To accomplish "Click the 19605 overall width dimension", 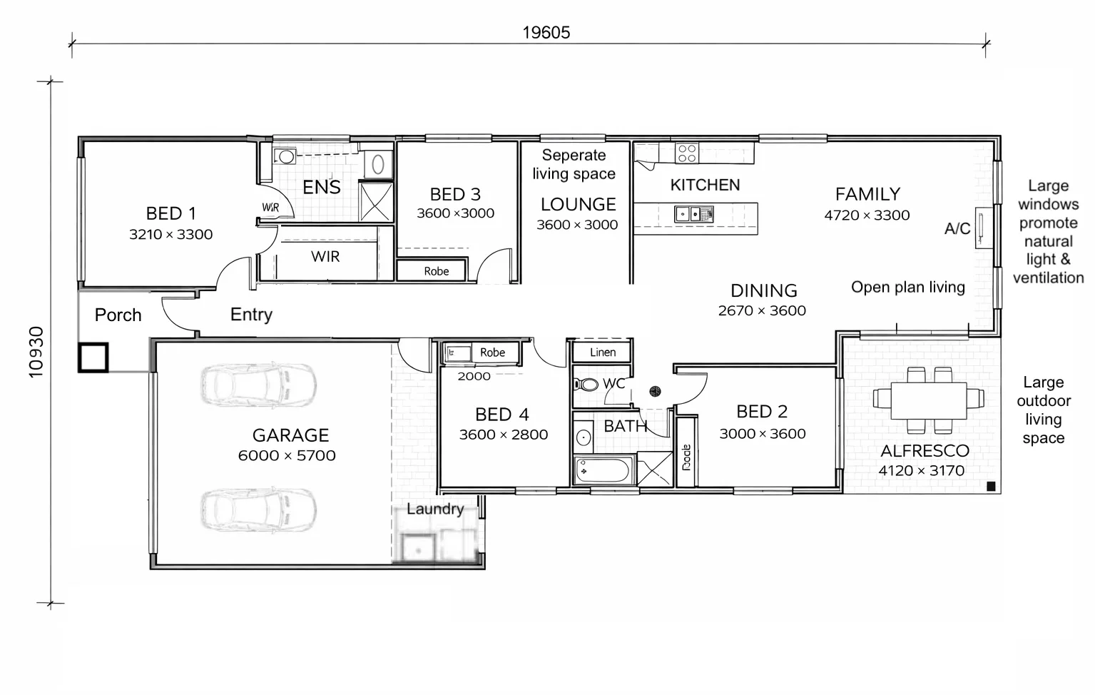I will point(546,33).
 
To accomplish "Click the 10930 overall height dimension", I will point(36,352).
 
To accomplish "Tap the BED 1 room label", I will point(170,213).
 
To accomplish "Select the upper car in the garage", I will point(259,386).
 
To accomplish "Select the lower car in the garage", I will point(259,510).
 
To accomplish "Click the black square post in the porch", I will point(93,357).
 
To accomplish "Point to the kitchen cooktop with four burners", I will point(686,153).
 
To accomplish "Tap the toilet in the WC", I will point(586,385).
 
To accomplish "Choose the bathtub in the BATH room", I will point(603,471).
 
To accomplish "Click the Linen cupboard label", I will point(603,352).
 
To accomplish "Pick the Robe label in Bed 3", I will point(436,271).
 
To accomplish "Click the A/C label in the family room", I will point(957,229).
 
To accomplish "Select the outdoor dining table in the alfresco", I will point(928,400).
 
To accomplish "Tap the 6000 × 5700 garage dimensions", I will point(287,455).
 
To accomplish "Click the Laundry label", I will point(435,509).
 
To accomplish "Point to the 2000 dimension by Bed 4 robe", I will point(474,376).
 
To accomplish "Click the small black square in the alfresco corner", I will point(990,486).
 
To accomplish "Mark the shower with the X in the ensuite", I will point(375,202).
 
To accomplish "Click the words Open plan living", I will point(907,287).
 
